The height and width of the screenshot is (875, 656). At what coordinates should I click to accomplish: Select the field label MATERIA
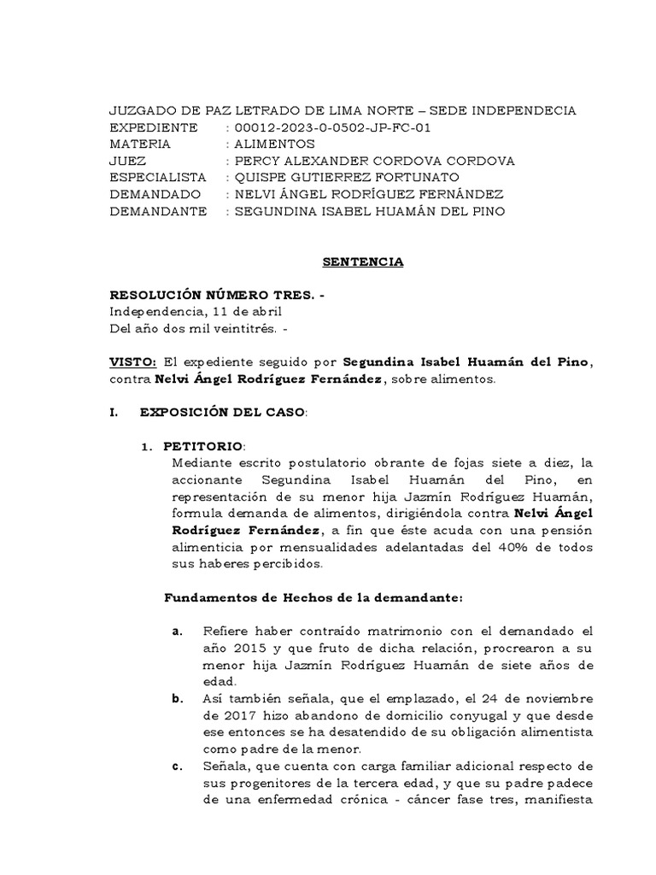(141, 144)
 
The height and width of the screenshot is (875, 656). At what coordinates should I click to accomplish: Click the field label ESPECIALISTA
(159, 178)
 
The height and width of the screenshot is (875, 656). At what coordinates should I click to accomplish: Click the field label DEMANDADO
(154, 195)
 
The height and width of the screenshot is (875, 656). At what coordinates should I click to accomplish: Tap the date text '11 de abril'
(243, 313)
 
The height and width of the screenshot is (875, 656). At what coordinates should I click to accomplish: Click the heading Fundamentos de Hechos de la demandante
(313, 597)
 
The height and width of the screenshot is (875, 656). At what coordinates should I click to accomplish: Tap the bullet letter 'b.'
(178, 699)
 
